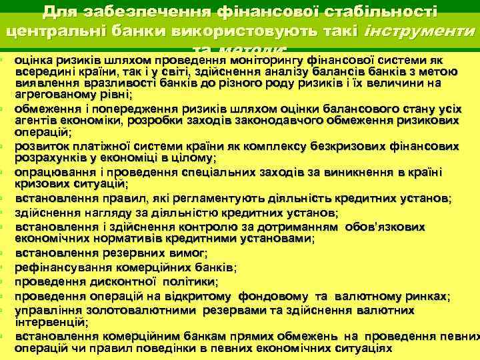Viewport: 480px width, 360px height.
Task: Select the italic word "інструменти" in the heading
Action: [417, 31]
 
